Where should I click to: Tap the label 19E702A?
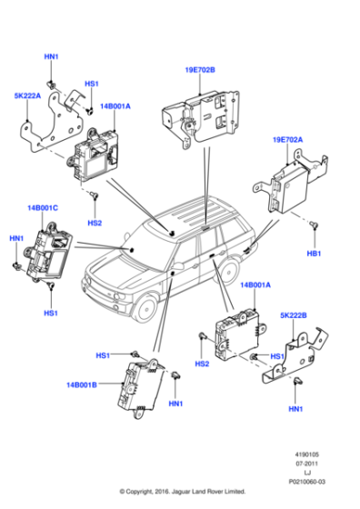click(x=290, y=139)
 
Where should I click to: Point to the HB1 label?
click(x=314, y=252)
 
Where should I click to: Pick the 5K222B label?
click(x=292, y=315)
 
